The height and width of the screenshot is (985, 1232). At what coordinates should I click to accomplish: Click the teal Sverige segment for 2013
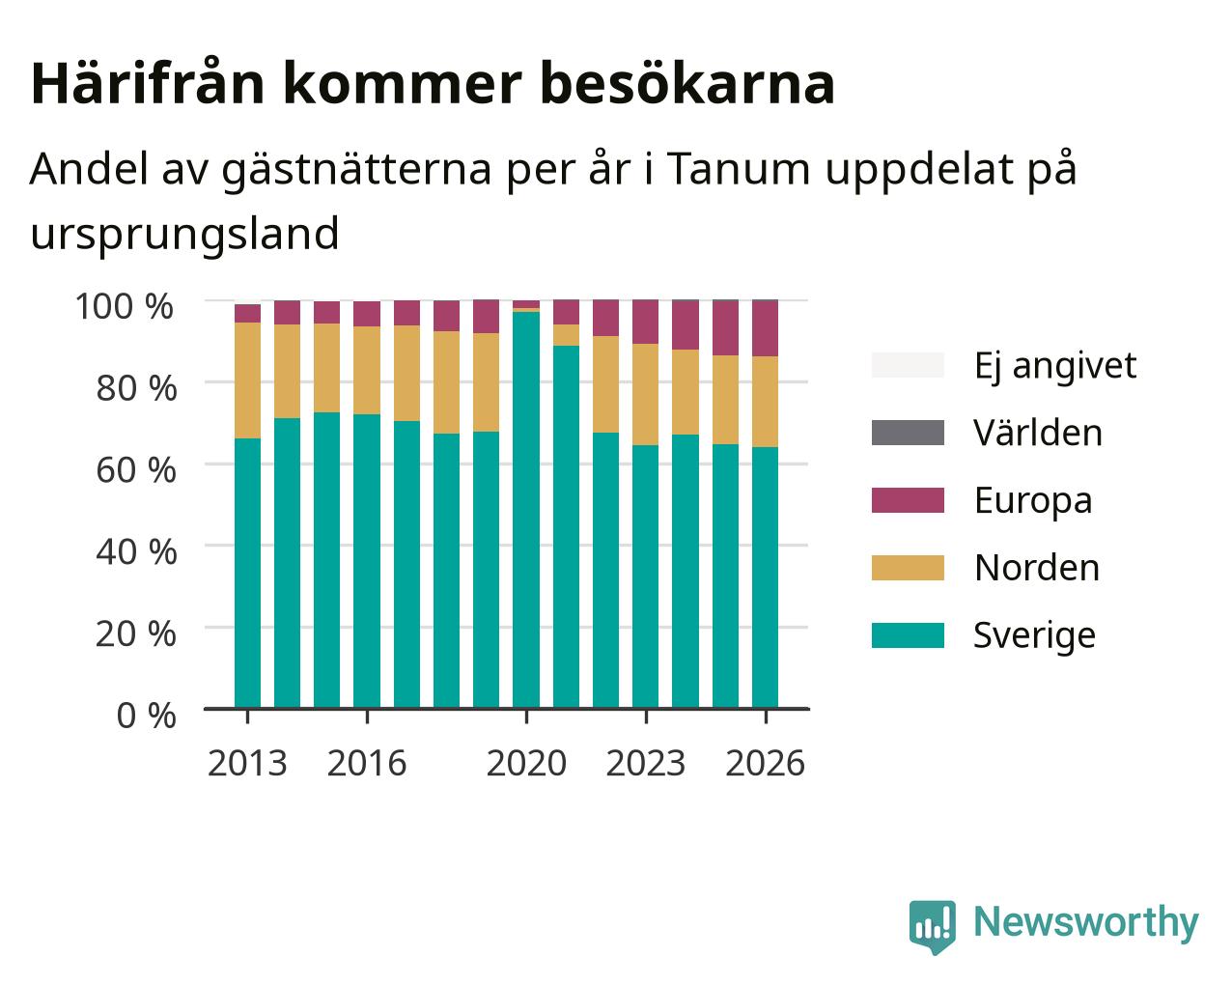coord(247,574)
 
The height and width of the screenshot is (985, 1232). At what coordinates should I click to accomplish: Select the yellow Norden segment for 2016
coord(366,370)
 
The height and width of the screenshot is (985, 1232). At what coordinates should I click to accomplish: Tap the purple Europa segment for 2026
coord(765,328)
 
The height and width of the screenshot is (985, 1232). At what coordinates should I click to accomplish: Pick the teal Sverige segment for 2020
coord(526,510)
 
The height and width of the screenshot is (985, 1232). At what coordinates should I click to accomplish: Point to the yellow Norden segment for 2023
coord(645,394)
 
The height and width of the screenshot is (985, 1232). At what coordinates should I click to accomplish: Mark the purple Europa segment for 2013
coord(247,313)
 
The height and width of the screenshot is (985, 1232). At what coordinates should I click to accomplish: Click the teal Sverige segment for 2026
coord(765,577)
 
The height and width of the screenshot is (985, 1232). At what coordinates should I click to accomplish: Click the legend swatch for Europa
coord(908,500)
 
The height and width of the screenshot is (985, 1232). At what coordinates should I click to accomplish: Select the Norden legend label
coord(1037,568)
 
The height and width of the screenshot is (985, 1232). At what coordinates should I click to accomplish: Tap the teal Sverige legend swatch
coord(908,635)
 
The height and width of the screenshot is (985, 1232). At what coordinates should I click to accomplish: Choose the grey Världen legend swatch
coord(908,433)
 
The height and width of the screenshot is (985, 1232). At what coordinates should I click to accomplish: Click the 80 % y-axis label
coord(136,388)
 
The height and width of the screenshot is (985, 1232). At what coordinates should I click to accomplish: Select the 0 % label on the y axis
coord(146,716)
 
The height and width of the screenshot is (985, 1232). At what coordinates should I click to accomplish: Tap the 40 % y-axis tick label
coord(136,552)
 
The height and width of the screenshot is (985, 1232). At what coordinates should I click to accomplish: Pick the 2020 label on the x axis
coord(526,763)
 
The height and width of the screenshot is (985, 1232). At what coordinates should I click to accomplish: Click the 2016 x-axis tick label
coord(366,763)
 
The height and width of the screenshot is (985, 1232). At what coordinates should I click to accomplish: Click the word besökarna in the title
coord(687,84)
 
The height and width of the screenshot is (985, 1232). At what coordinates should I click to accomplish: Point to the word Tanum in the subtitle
coord(739,170)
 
